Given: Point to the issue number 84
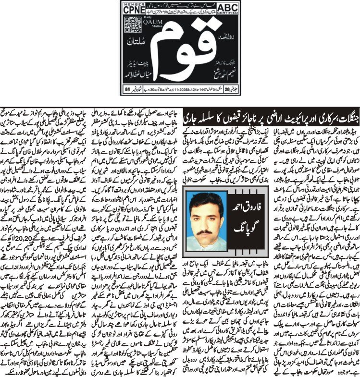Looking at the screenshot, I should pyautogui.click(x=127, y=89).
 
